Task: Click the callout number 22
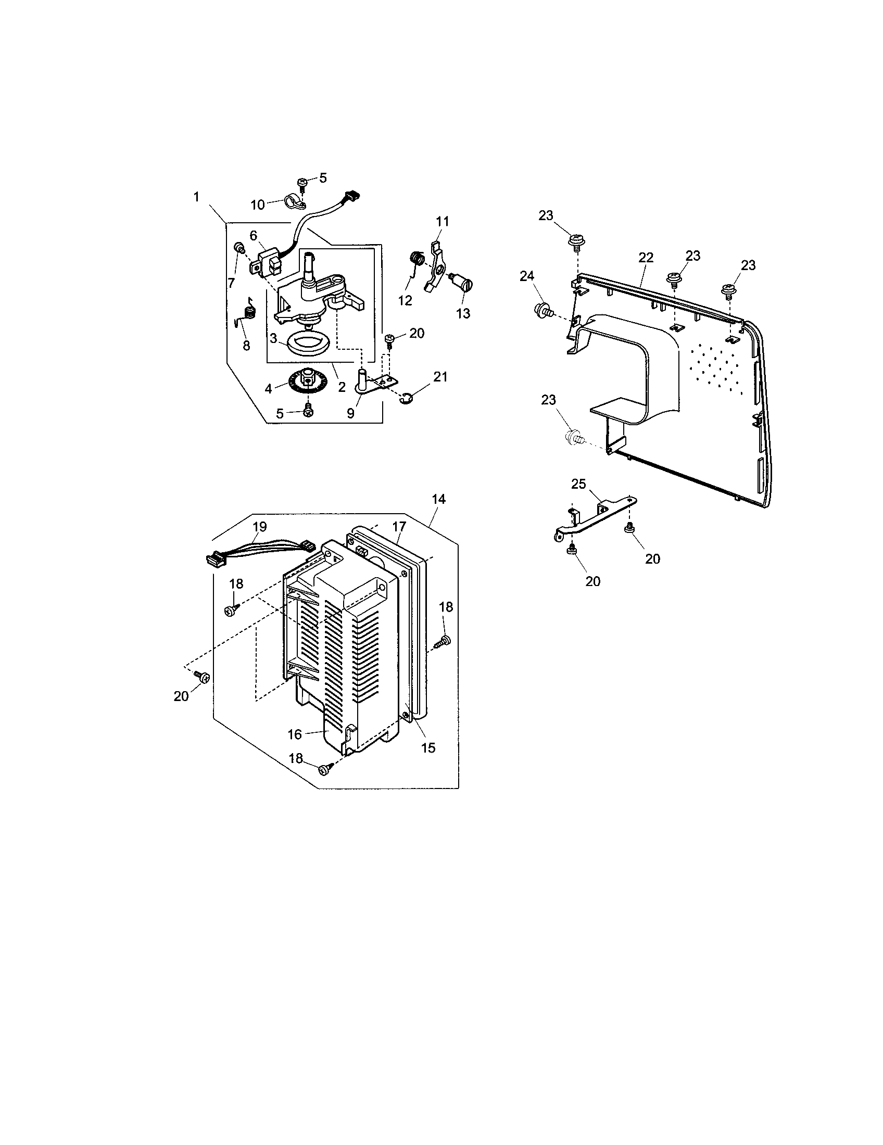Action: click(x=646, y=258)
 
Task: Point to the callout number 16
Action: click(x=295, y=734)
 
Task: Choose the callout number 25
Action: click(x=578, y=484)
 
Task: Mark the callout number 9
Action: click(x=350, y=413)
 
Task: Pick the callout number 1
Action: click(x=196, y=197)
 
